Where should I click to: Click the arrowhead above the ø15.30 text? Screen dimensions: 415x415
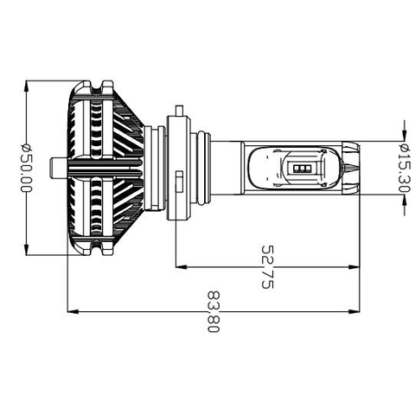pyautogui.click(x=404, y=135)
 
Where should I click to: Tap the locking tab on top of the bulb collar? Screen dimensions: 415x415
pyautogui.click(x=179, y=110)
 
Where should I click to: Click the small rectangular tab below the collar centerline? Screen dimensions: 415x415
pyautogui.click(x=178, y=184)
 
